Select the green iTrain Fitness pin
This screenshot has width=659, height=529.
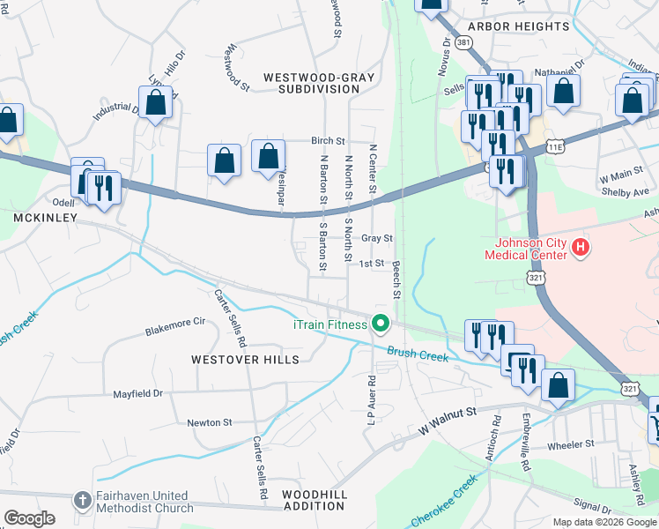tap(381, 324)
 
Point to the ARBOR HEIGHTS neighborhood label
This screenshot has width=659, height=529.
tap(514, 27)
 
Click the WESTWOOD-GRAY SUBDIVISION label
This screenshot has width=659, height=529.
tap(325, 83)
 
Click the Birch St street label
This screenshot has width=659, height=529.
tap(328, 141)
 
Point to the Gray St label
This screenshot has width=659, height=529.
tap(376, 238)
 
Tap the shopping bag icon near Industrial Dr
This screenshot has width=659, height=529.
tap(156, 103)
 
